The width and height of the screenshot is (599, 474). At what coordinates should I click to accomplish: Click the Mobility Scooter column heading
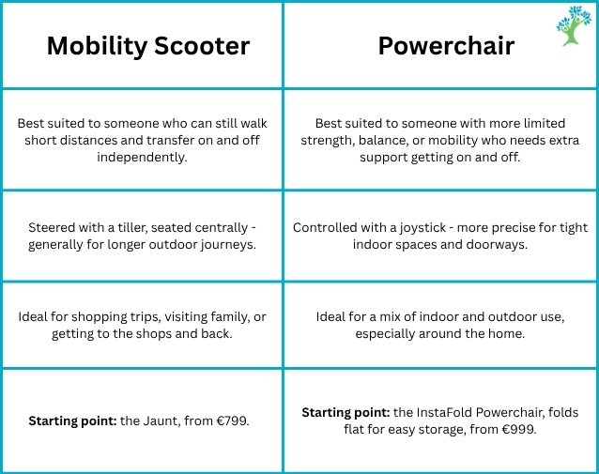coord(148,47)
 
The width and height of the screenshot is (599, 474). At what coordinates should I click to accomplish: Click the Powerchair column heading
coord(446,46)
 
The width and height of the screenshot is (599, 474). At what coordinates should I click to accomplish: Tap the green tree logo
coord(574,25)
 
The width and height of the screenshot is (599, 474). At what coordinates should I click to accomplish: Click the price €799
coord(233,420)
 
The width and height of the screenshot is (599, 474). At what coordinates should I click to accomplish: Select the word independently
coord(142,158)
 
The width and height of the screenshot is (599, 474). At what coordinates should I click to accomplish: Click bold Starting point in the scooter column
coord(72,421)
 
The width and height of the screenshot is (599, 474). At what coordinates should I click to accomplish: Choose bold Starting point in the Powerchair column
coord(346,413)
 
